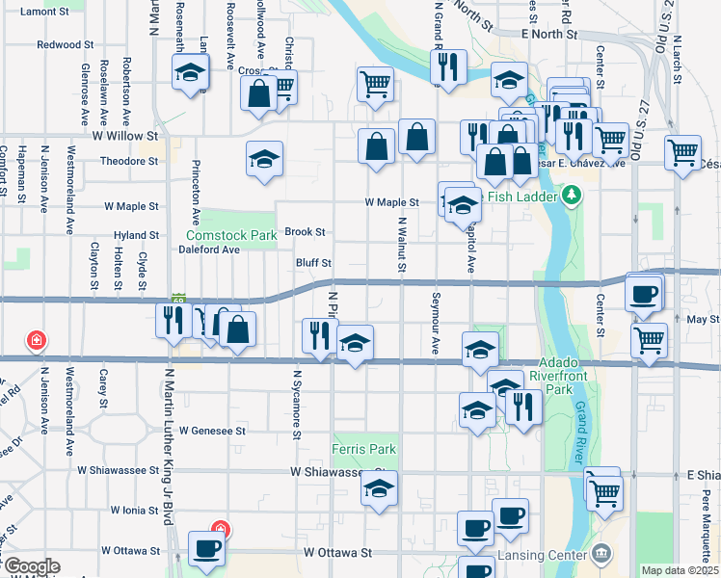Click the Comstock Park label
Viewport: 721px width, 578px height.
click(231, 234)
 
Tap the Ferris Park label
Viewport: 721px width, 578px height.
click(364, 449)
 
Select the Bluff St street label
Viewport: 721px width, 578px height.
click(313, 262)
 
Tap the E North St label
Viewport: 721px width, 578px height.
click(547, 34)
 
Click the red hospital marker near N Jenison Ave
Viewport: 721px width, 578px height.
click(37, 340)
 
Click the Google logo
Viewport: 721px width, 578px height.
click(31, 567)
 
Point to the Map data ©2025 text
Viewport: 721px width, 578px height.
click(681, 570)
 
